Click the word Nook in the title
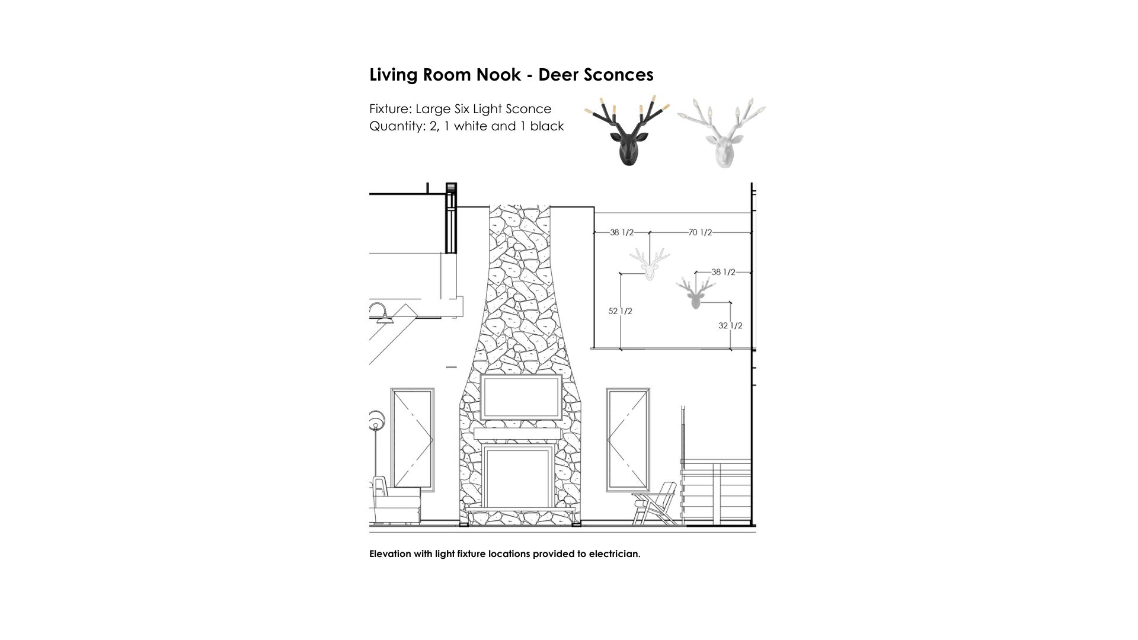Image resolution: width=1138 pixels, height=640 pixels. [x=498, y=75]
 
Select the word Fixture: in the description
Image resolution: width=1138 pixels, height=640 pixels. [x=390, y=109]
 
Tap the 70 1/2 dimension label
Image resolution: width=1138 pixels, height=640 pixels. [x=700, y=233]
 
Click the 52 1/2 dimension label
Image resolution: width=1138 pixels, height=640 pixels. [x=620, y=311]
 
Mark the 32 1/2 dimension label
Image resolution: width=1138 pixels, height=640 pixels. [x=730, y=326]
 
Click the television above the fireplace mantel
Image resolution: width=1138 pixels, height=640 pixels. [x=521, y=397]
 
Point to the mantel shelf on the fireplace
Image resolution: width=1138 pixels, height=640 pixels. [x=517, y=434]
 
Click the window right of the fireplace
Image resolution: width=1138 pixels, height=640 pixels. [x=628, y=439]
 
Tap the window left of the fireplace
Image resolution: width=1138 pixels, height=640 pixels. [x=413, y=439]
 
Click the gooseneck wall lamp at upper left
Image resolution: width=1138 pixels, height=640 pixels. [x=381, y=312]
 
